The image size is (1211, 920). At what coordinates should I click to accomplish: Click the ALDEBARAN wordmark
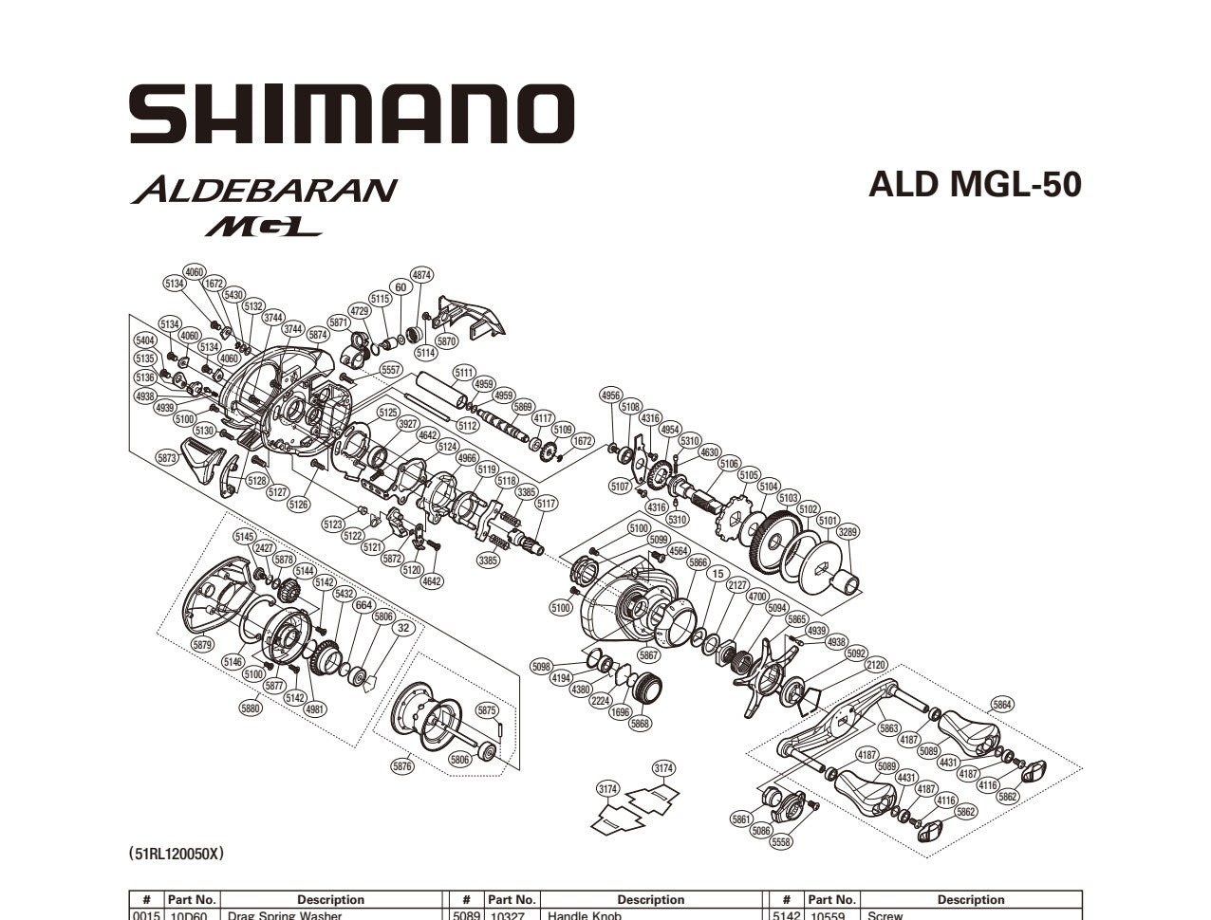point(263,190)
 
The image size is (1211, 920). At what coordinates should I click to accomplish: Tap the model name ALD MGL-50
point(975,185)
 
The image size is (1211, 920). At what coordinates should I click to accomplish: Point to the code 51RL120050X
point(177,855)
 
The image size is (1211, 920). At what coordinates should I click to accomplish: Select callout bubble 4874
point(421,275)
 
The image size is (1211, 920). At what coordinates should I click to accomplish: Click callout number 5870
point(446,340)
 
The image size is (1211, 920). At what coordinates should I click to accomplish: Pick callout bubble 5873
point(167,458)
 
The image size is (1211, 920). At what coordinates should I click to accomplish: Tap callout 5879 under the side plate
point(202,645)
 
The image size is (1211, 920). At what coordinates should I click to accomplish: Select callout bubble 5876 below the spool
point(402,765)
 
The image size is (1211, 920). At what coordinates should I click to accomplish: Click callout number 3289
point(848,532)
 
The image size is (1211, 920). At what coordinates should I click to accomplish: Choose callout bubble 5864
point(1002,704)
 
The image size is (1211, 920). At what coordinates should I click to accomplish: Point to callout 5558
point(781,842)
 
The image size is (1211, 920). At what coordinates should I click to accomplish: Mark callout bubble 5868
point(641,724)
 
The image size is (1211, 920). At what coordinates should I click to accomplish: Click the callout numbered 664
point(363,605)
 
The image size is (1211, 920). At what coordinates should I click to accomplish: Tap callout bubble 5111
point(464,372)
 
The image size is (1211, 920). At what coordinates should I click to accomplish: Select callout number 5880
point(251,708)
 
